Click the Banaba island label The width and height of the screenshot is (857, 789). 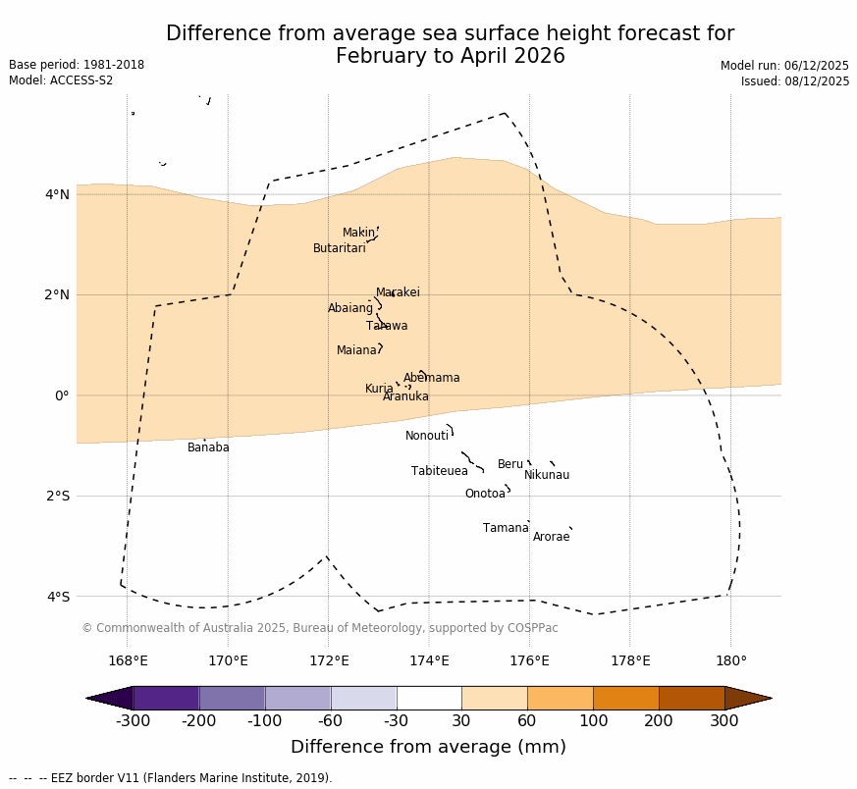pos(208,447)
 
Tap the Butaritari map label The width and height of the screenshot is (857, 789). pos(339,248)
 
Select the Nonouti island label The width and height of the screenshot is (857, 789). pos(427,436)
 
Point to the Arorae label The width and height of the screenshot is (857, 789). pos(551,537)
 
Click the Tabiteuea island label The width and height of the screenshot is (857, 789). pos(440,471)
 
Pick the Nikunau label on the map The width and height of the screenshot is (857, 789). pos(547,475)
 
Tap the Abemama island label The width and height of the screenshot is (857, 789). pos(431,378)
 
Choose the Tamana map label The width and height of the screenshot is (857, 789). pos(506,528)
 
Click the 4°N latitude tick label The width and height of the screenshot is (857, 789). pos(58,194)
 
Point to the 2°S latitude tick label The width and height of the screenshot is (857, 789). pos(58,496)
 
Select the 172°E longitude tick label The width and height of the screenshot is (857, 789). pos(328,660)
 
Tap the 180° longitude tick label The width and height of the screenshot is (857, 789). pos(730,660)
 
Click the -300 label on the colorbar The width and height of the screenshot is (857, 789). pos(133,722)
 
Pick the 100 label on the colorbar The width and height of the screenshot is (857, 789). pos(593,722)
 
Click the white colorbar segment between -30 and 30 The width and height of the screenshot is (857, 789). pos(429,698)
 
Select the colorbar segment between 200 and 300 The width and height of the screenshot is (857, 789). pos(691,698)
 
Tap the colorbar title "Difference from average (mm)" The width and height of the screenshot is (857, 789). pos(428,747)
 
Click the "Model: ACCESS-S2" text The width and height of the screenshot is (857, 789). pos(61,80)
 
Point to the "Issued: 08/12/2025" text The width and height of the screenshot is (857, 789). pos(795,81)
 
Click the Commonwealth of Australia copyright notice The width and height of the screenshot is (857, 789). pos(319,628)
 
